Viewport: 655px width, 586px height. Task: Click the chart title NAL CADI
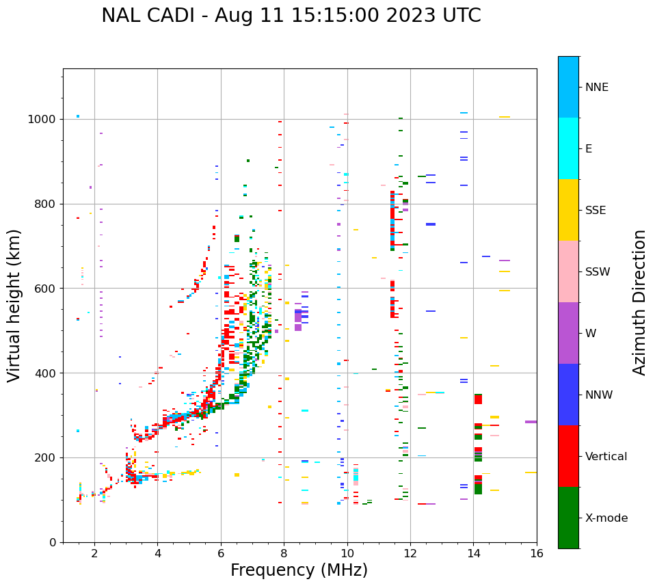click(291, 16)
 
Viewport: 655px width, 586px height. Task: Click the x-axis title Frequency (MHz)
click(299, 570)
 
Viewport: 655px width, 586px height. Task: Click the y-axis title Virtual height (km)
click(14, 305)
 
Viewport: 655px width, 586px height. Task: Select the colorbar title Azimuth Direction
click(639, 302)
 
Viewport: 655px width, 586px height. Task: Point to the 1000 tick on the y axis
click(46, 119)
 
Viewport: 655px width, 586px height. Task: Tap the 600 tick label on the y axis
click(50, 289)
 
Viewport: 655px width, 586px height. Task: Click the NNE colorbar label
click(597, 88)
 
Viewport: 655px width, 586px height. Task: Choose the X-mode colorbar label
click(606, 518)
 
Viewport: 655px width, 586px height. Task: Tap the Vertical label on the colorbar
click(606, 457)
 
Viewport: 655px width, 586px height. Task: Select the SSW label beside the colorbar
click(598, 272)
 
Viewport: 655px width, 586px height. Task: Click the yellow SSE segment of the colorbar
click(568, 210)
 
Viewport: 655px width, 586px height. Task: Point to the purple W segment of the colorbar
click(568, 333)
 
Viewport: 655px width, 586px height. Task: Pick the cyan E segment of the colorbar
click(568, 148)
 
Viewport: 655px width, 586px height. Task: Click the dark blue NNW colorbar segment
click(568, 395)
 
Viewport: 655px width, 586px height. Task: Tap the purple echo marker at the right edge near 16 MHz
click(531, 422)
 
